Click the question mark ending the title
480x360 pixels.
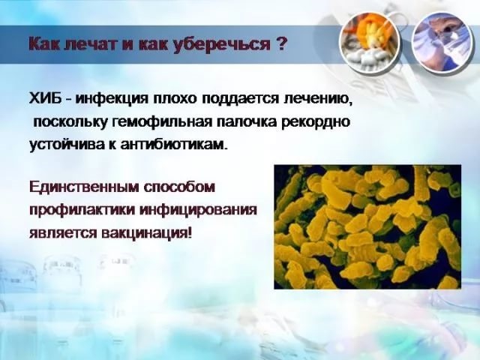point(282,44)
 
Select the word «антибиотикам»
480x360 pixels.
point(174,143)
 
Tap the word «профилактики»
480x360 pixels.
point(82,211)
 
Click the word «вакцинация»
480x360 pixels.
point(146,234)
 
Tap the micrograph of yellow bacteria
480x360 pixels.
point(367,226)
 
